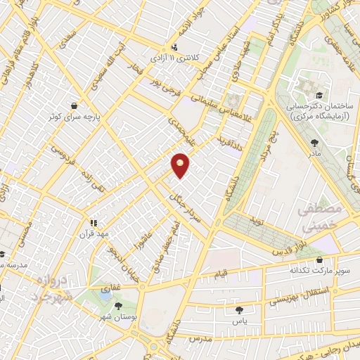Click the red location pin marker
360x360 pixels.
click(181, 164)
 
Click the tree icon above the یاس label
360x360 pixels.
click(240, 309)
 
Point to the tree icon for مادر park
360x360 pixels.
click(314, 143)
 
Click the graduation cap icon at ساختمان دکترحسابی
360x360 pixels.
click(319, 95)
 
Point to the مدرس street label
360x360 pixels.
click(200, 338)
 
